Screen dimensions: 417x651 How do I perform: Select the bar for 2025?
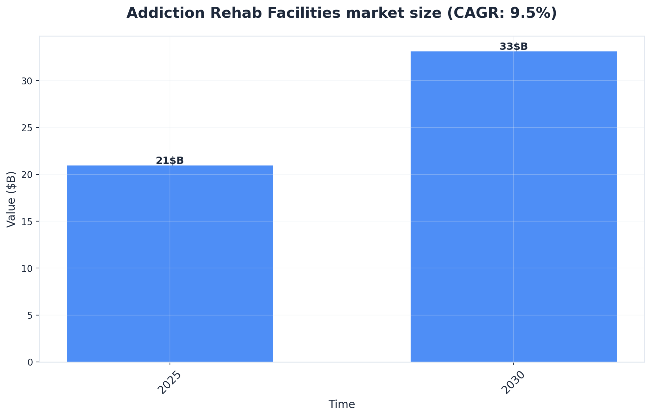pos(170,263)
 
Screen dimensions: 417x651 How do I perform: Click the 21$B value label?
pos(170,161)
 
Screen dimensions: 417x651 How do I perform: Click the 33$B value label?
pos(513,47)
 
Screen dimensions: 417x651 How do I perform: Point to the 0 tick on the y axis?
pos(31,362)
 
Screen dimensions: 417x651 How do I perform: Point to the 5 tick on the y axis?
pos(31,315)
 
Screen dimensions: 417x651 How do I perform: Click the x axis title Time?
pos(341,404)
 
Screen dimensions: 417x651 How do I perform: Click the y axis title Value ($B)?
pos(12,199)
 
